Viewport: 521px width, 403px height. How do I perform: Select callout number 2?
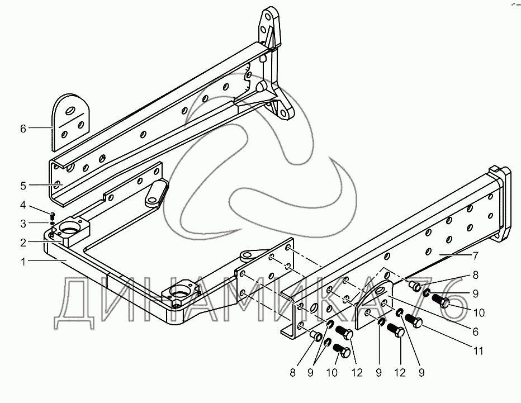[x=23, y=243]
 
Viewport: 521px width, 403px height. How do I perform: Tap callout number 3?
[x=23, y=224]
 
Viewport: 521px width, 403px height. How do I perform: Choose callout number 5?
[x=23, y=184]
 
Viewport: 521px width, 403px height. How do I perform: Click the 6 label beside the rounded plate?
[x=23, y=129]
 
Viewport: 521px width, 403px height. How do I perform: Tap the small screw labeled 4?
[x=51, y=215]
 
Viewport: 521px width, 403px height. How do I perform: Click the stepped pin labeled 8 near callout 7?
[x=414, y=287]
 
